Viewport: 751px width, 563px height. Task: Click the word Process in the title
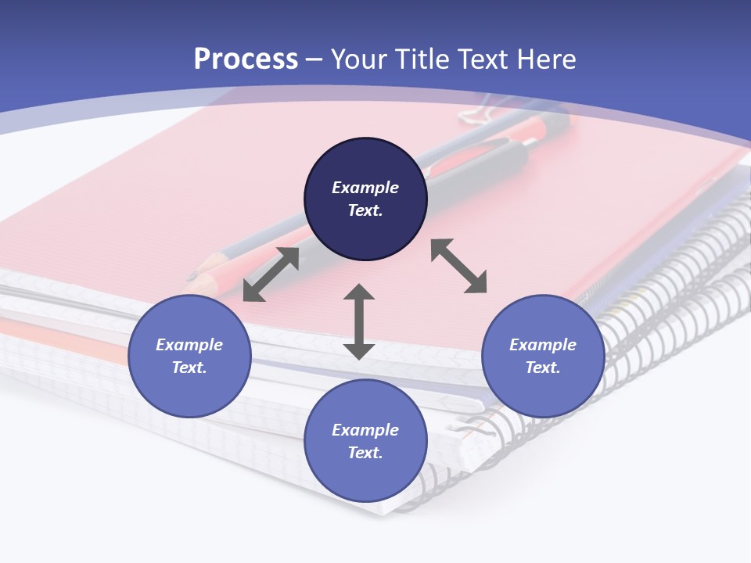(246, 59)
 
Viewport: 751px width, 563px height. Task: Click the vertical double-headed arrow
(359, 322)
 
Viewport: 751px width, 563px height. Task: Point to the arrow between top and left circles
(271, 274)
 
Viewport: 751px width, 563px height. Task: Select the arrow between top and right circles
(458, 266)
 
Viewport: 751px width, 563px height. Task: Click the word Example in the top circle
(365, 188)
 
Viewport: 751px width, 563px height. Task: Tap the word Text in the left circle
(189, 368)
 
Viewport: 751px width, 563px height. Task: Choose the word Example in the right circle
(543, 345)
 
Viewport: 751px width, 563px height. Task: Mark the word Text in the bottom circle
(365, 453)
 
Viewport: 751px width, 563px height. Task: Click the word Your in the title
(357, 59)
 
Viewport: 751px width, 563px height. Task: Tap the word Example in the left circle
(189, 345)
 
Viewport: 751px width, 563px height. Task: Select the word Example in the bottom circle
(365, 430)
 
